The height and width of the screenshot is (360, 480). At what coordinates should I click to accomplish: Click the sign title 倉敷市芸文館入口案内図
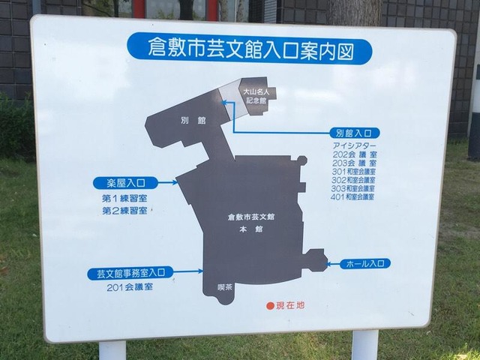click(x=251, y=50)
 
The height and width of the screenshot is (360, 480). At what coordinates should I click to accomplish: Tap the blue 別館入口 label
click(x=355, y=133)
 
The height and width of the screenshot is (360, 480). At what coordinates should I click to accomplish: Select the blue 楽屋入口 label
click(x=125, y=183)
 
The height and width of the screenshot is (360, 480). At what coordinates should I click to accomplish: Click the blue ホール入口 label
click(x=365, y=263)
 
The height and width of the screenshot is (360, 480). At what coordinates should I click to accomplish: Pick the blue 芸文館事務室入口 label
click(x=130, y=273)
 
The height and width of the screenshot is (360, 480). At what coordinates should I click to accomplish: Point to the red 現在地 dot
click(x=270, y=306)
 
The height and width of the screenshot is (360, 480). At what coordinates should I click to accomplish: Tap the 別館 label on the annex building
click(x=193, y=120)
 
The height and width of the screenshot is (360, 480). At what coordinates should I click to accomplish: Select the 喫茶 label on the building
click(x=225, y=287)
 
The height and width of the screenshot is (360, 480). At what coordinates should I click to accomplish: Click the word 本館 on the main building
click(x=251, y=229)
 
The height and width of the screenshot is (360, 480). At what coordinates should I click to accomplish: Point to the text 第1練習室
click(x=124, y=198)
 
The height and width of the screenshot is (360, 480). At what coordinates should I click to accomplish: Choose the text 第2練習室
click(x=124, y=211)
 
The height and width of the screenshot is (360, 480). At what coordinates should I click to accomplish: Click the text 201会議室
click(x=130, y=287)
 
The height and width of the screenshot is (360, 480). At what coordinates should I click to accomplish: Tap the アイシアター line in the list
click(x=355, y=145)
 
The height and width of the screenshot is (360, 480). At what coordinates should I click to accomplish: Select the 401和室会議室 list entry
click(x=352, y=196)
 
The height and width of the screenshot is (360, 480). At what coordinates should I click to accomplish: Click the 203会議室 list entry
click(x=355, y=163)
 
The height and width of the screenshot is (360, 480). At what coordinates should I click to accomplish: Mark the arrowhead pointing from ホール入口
click(x=329, y=263)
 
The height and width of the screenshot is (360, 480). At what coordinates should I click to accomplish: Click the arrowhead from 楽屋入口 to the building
click(x=175, y=183)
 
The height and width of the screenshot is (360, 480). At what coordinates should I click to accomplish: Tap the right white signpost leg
click(x=365, y=345)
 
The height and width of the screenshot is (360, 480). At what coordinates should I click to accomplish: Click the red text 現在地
click(x=290, y=305)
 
